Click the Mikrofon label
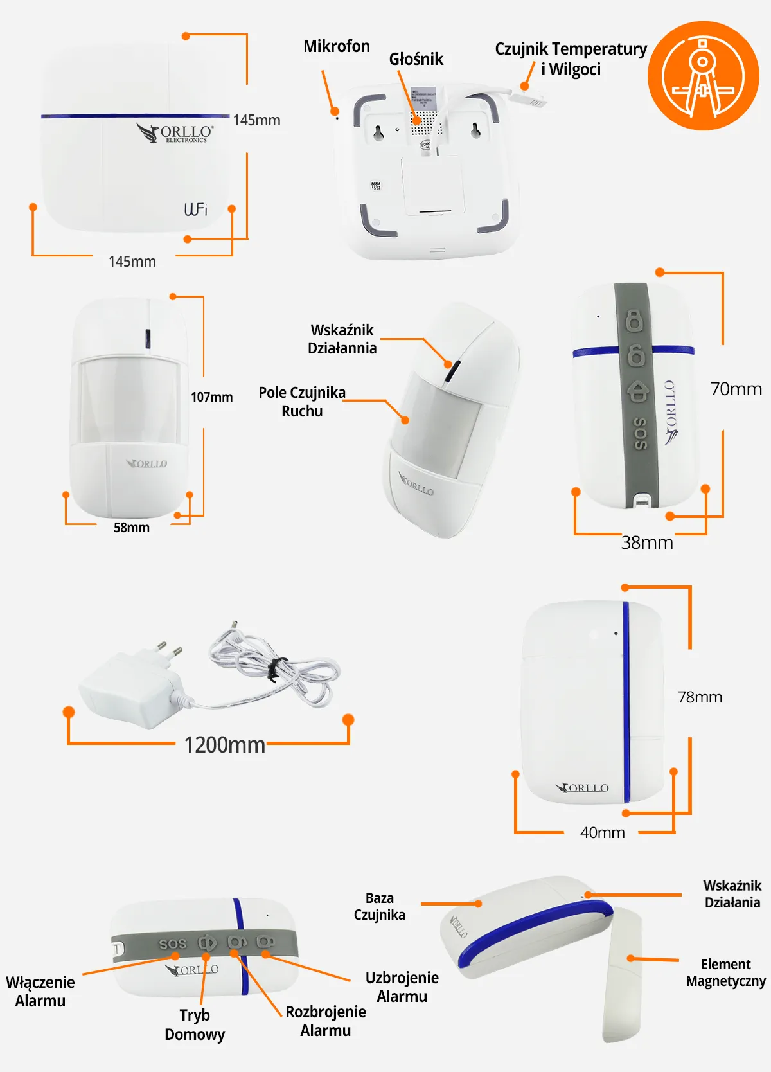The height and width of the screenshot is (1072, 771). tap(336, 46)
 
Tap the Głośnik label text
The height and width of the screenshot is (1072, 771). tap(416, 59)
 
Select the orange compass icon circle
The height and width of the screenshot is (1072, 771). tap(703, 76)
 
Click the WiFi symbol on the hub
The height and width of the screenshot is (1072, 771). tap(195, 210)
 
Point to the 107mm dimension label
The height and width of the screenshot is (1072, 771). tap(211, 397)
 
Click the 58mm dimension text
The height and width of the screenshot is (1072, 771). tap(132, 528)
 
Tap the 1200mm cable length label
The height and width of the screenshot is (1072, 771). tap(224, 745)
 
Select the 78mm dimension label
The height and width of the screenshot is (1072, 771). tap(700, 697)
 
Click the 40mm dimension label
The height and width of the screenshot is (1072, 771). tap(602, 833)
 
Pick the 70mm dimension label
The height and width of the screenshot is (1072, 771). tap(736, 389)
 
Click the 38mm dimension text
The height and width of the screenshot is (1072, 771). tap(647, 543)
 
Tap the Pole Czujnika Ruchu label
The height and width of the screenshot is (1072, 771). tap(302, 402)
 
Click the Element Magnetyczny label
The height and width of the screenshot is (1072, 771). tap(725, 972)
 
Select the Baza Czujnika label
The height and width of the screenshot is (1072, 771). tap(379, 906)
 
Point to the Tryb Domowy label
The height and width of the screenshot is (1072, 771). tap(195, 1024)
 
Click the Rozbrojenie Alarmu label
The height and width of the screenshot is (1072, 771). tap(325, 1021)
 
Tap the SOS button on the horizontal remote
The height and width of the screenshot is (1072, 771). tap(172, 943)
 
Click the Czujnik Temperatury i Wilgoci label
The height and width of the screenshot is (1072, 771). tap(571, 58)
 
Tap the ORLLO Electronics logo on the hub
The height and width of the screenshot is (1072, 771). tap(175, 133)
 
